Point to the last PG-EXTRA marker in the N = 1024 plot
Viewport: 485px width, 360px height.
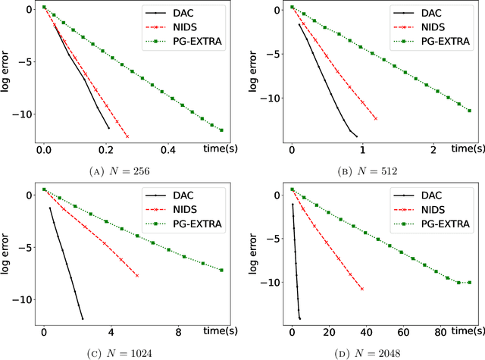(x=221, y=270)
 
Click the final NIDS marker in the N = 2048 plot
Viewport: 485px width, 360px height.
(x=361, y=289)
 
